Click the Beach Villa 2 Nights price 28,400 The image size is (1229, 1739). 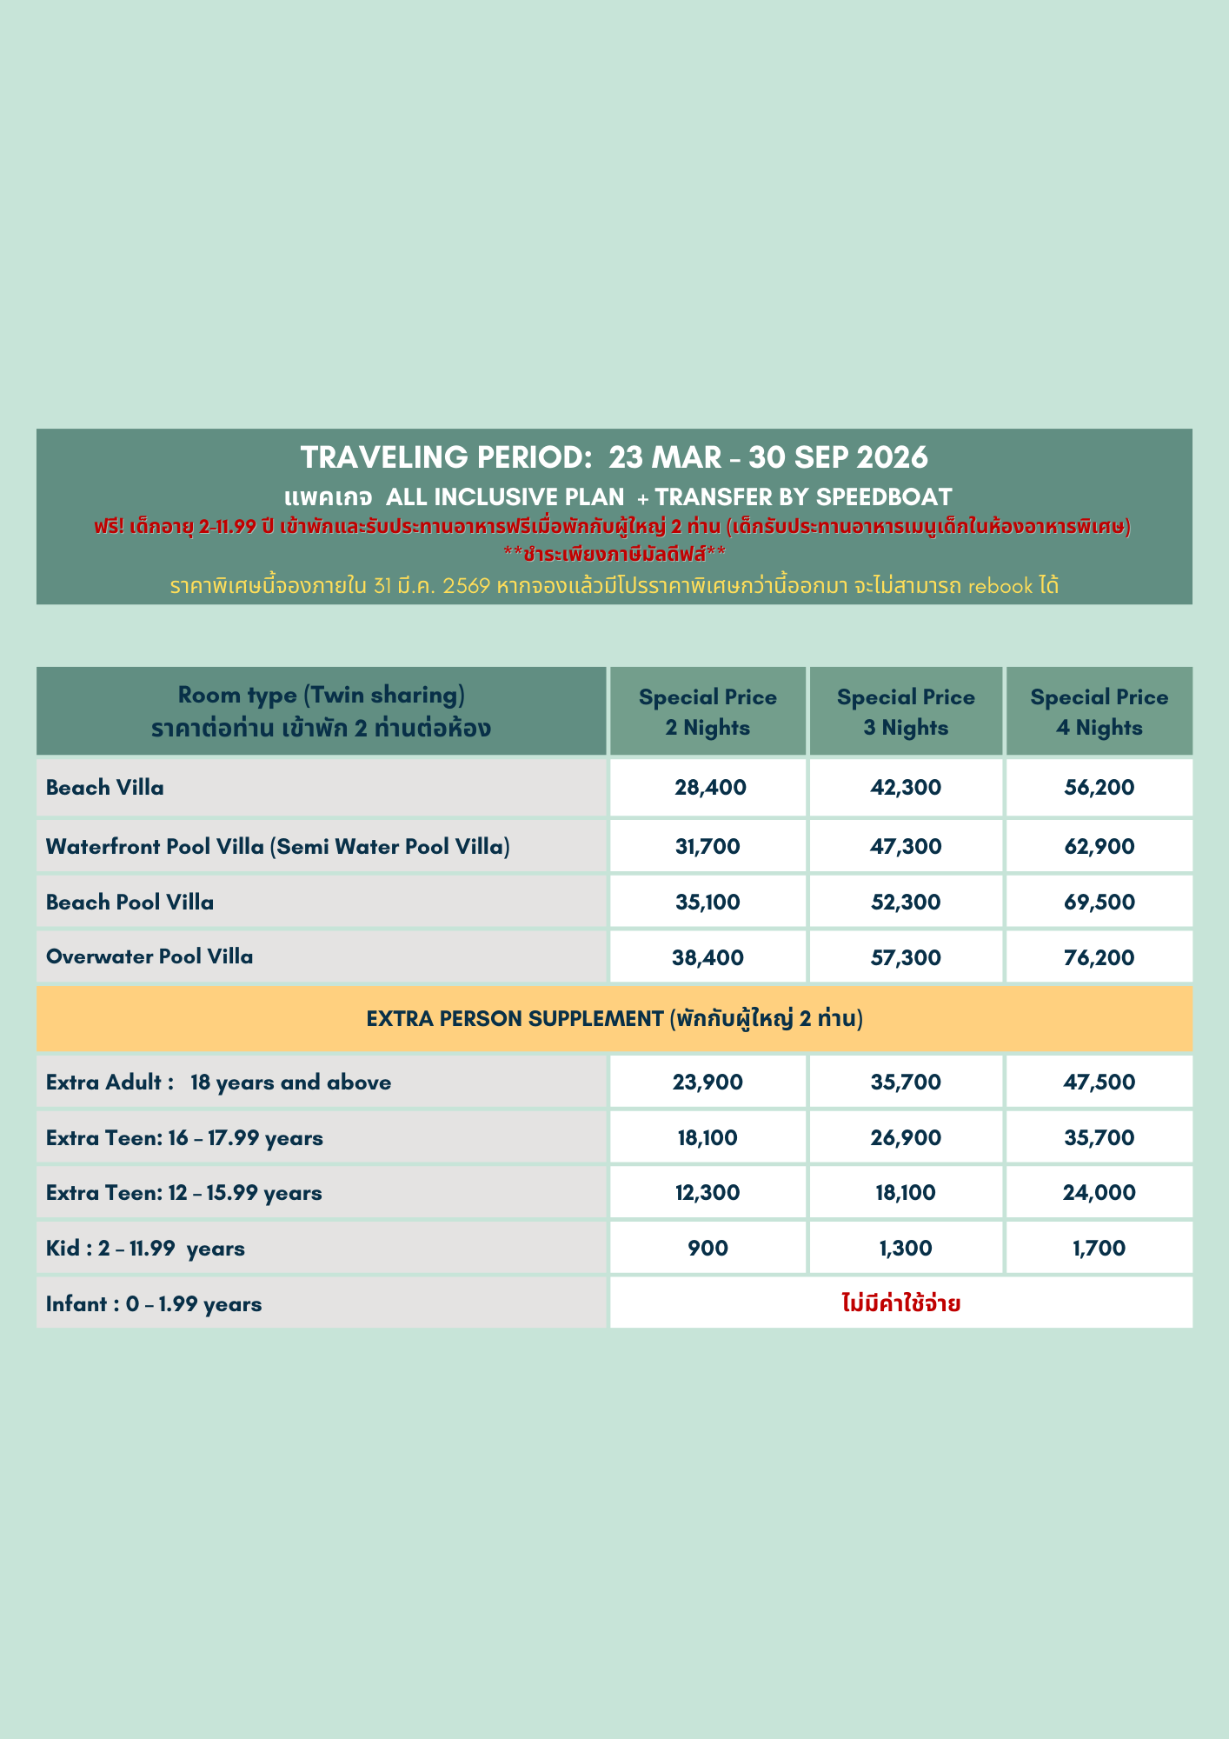coord(709,788)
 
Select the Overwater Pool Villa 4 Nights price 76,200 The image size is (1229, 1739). coord(1099,958)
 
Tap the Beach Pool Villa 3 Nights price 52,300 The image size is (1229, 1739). coord(905,903)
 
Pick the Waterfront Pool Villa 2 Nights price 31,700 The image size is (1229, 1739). coord(708,847)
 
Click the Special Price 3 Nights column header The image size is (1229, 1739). coord(905,712)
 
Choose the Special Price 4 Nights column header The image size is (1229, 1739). coord(1099,712)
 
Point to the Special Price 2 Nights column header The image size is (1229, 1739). coord(708,712)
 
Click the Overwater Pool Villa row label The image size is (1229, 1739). coord(149,957)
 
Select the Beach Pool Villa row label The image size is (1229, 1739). coord(130,903)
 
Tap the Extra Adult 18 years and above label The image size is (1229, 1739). coord(218,1083)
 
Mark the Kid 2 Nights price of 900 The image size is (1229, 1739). coord(708,1249)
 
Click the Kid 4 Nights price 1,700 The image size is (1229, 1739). coord(1099,1249)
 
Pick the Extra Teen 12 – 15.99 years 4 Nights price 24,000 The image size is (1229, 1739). coord(1099,1193)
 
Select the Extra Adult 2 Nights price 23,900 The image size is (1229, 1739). coord(708,1083)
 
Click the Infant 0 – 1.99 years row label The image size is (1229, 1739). coord(154,1304)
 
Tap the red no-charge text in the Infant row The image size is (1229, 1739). coord(901,1303)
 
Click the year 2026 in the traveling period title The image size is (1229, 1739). coord(892,457)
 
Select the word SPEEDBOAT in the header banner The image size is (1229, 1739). coord(884,497)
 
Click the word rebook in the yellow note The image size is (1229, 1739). coord(1000,586)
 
